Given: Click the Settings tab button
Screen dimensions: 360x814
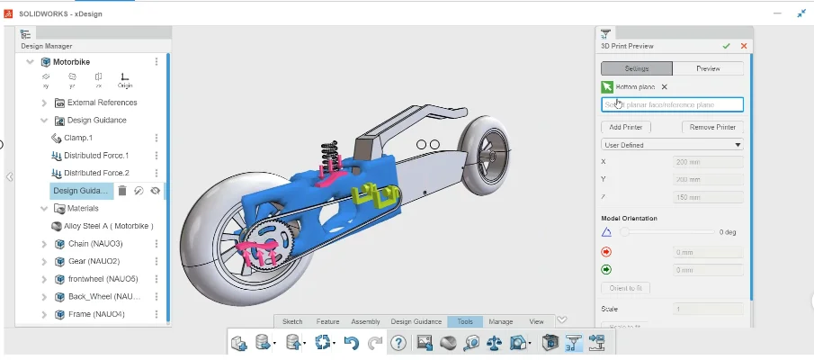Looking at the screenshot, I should pos(636,68).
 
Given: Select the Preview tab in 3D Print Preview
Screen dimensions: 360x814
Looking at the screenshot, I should pos(708,68).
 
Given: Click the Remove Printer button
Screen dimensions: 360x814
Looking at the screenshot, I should pos(712,128).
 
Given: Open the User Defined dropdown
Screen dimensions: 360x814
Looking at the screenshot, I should pos(672,145).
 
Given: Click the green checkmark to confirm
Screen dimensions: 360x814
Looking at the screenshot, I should pos(726,46).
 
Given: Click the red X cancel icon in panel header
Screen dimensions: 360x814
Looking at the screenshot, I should pos(744,46).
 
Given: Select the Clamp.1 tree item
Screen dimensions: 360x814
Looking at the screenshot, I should pos(77,138).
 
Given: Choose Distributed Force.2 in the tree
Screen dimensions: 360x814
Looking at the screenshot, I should pos(96,173).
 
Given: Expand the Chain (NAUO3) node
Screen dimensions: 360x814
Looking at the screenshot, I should pos(45,244).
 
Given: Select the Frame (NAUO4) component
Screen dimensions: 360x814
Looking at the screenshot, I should pos(96,314).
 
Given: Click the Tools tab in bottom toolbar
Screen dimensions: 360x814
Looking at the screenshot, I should pos(465,321).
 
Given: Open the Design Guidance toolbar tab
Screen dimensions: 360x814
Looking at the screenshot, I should pos(416,321).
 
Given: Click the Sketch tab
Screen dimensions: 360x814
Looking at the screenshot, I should pos(292,321).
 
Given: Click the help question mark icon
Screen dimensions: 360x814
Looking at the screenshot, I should pos(398,343).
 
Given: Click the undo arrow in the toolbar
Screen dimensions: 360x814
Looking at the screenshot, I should pos(352,343).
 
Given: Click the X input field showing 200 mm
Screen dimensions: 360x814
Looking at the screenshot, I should pos(708,162).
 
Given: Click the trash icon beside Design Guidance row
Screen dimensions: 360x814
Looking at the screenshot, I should pos(122,191).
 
